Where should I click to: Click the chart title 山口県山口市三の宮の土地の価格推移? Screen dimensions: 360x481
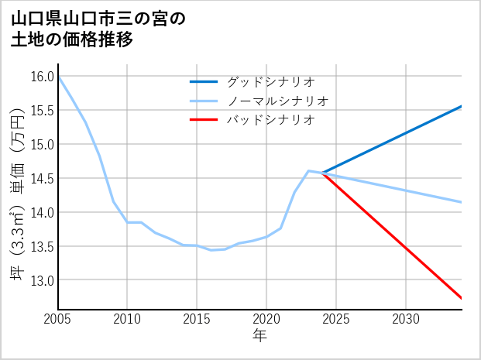pyautogui.click(x=98, y=29)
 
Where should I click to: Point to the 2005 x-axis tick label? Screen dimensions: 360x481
pyautogui.click(x=57, y=319)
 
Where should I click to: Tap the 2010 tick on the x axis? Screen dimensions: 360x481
pyautogui.click(x=127, y=319)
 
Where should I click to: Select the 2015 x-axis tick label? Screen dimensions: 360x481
pyautogui.click(x=197, y=319)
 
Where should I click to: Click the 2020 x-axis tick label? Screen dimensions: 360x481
pyautogui.click(x=266, y=319)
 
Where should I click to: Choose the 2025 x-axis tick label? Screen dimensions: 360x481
pyautogui.click(x=336, y=319)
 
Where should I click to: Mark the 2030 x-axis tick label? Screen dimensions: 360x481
pyautogui.click(x=406, y=319)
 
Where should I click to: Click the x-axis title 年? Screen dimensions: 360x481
pyautogui.click(x=259, y=336)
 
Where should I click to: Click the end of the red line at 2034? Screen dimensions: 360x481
pyautogui.click(x=462, y=298)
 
